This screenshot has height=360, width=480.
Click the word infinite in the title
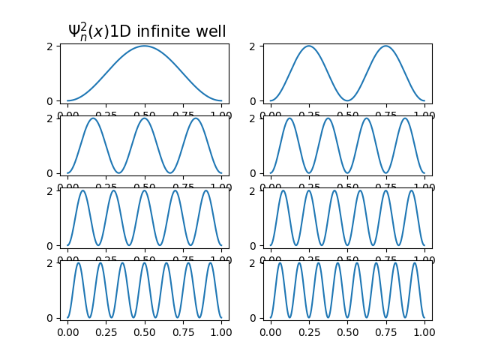[x=162, y=31]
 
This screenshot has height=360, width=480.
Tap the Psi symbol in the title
[x=76, y=31]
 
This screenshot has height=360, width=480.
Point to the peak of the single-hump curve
[x=145, y=46]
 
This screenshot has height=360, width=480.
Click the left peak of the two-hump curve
[x=309, y=46]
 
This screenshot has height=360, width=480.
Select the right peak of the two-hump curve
[x=385, y=46]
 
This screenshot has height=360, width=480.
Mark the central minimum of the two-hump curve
[x=347, y=100]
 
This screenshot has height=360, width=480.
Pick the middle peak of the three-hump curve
[x=145, y=118]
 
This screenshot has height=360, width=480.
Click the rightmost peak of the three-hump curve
[x=196, y=118]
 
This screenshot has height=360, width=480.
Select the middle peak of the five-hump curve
[x=145, y=190]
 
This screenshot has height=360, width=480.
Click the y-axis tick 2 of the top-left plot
[x=52, y=46]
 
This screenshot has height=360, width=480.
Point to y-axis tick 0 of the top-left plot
[x=52, y=100]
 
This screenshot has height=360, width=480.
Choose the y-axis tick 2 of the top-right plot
[x=254, y=46]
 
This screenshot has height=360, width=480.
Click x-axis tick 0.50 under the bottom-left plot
[x=145, y=332]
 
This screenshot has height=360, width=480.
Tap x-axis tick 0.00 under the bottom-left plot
[x=68, y=332]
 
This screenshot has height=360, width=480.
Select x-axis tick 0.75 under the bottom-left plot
[x=183, y=332]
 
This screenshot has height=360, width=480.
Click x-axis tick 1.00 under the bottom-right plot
[x=424, y=332]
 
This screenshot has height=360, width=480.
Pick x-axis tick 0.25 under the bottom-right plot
[x=309, y=332]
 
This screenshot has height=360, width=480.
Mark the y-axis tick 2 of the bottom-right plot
[x=254, y=263]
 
